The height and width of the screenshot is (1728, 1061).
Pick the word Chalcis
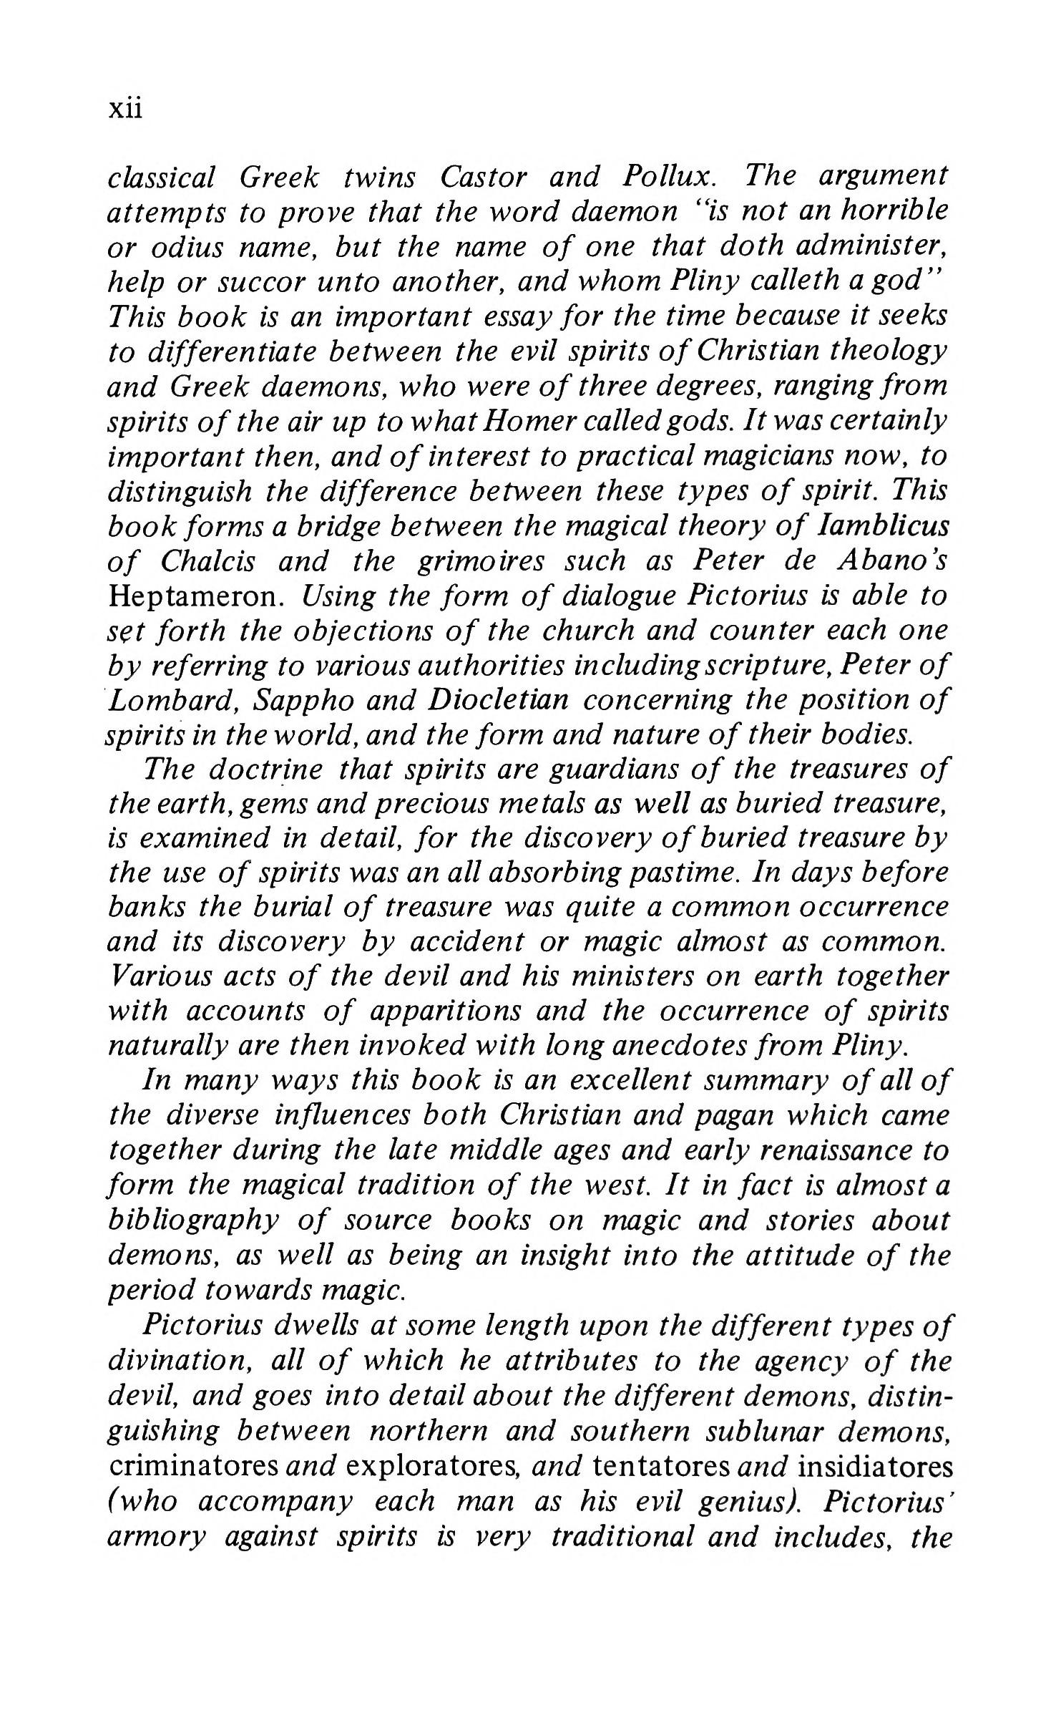click(x=207, y=561)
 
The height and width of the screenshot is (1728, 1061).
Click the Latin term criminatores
click(x=194, y=1466)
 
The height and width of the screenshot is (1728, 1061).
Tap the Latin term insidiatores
click(x=875, y=1466)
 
